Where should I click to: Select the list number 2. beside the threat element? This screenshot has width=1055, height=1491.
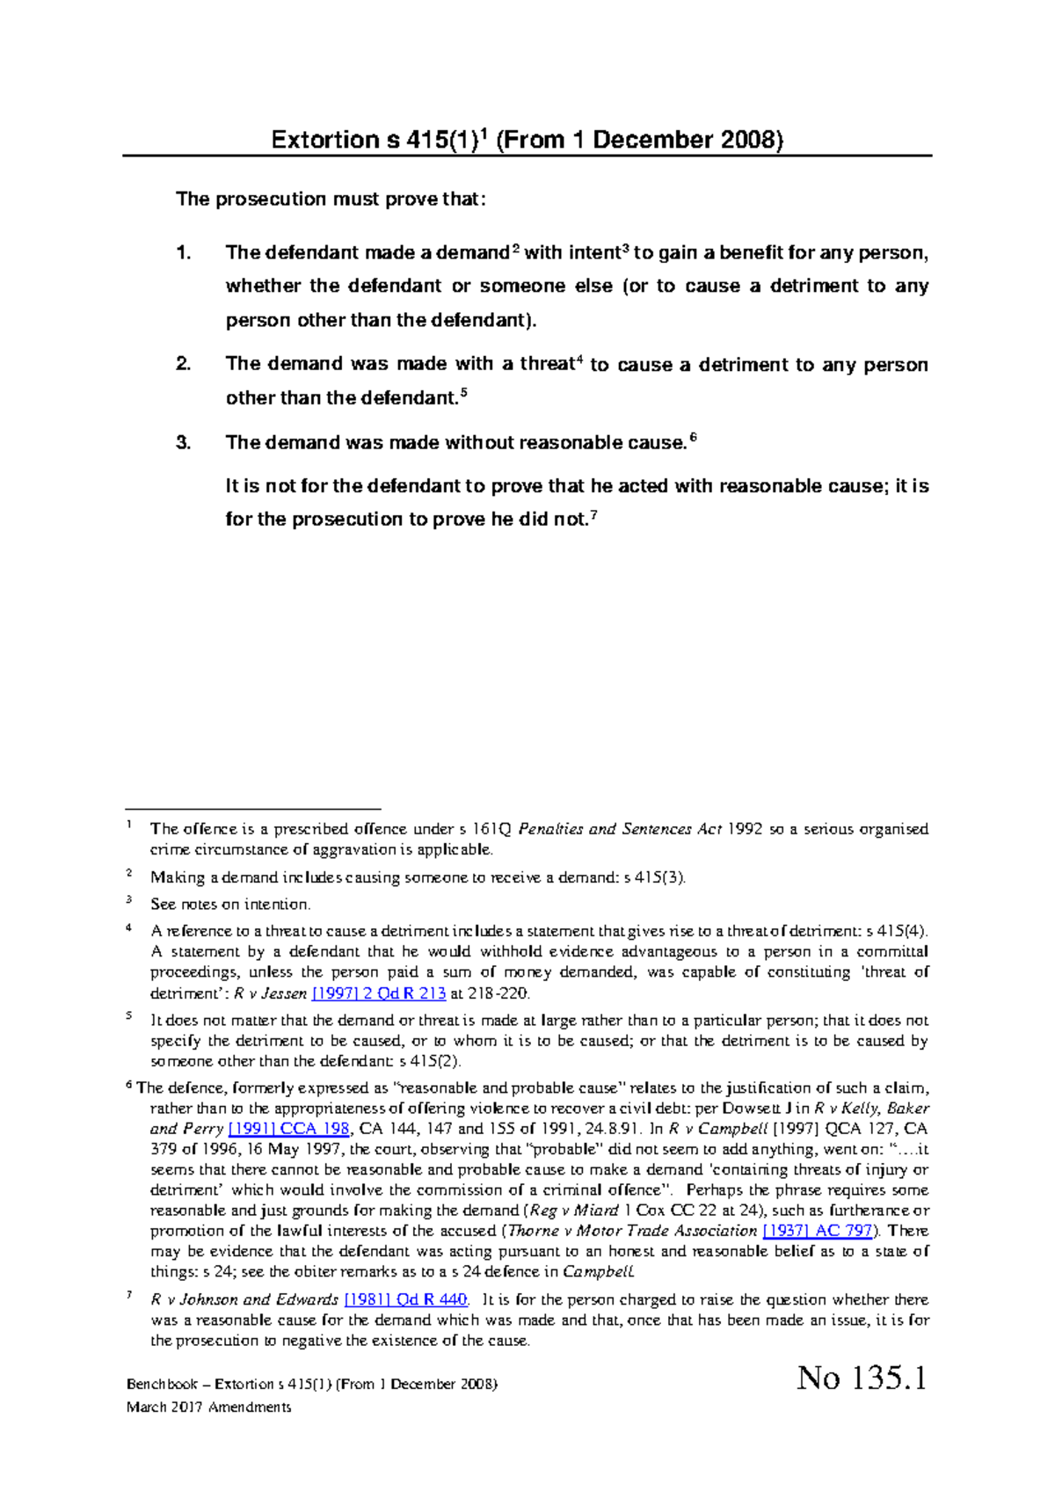click(x=183, y=364)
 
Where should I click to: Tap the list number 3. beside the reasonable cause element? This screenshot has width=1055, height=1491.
click(x=183, y=442)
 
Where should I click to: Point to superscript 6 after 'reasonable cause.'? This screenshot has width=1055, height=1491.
click(x=693, y=437)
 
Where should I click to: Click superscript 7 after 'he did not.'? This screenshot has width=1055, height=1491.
click(x=593, y=514)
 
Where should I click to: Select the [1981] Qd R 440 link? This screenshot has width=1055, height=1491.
click(x=405, y=1299)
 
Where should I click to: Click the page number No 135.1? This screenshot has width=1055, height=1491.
click(x=862, y=1378)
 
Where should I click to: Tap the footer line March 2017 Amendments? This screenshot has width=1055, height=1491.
click(x=208, y=1407)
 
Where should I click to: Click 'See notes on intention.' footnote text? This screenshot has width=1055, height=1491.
click(x=230, y=905)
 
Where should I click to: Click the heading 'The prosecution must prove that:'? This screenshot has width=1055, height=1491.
click(x=331, y=200)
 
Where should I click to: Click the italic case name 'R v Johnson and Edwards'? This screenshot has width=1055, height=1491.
click(x=244, y=1299)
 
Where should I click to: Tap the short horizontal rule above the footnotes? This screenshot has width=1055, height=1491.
click(x=253, y=808)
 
